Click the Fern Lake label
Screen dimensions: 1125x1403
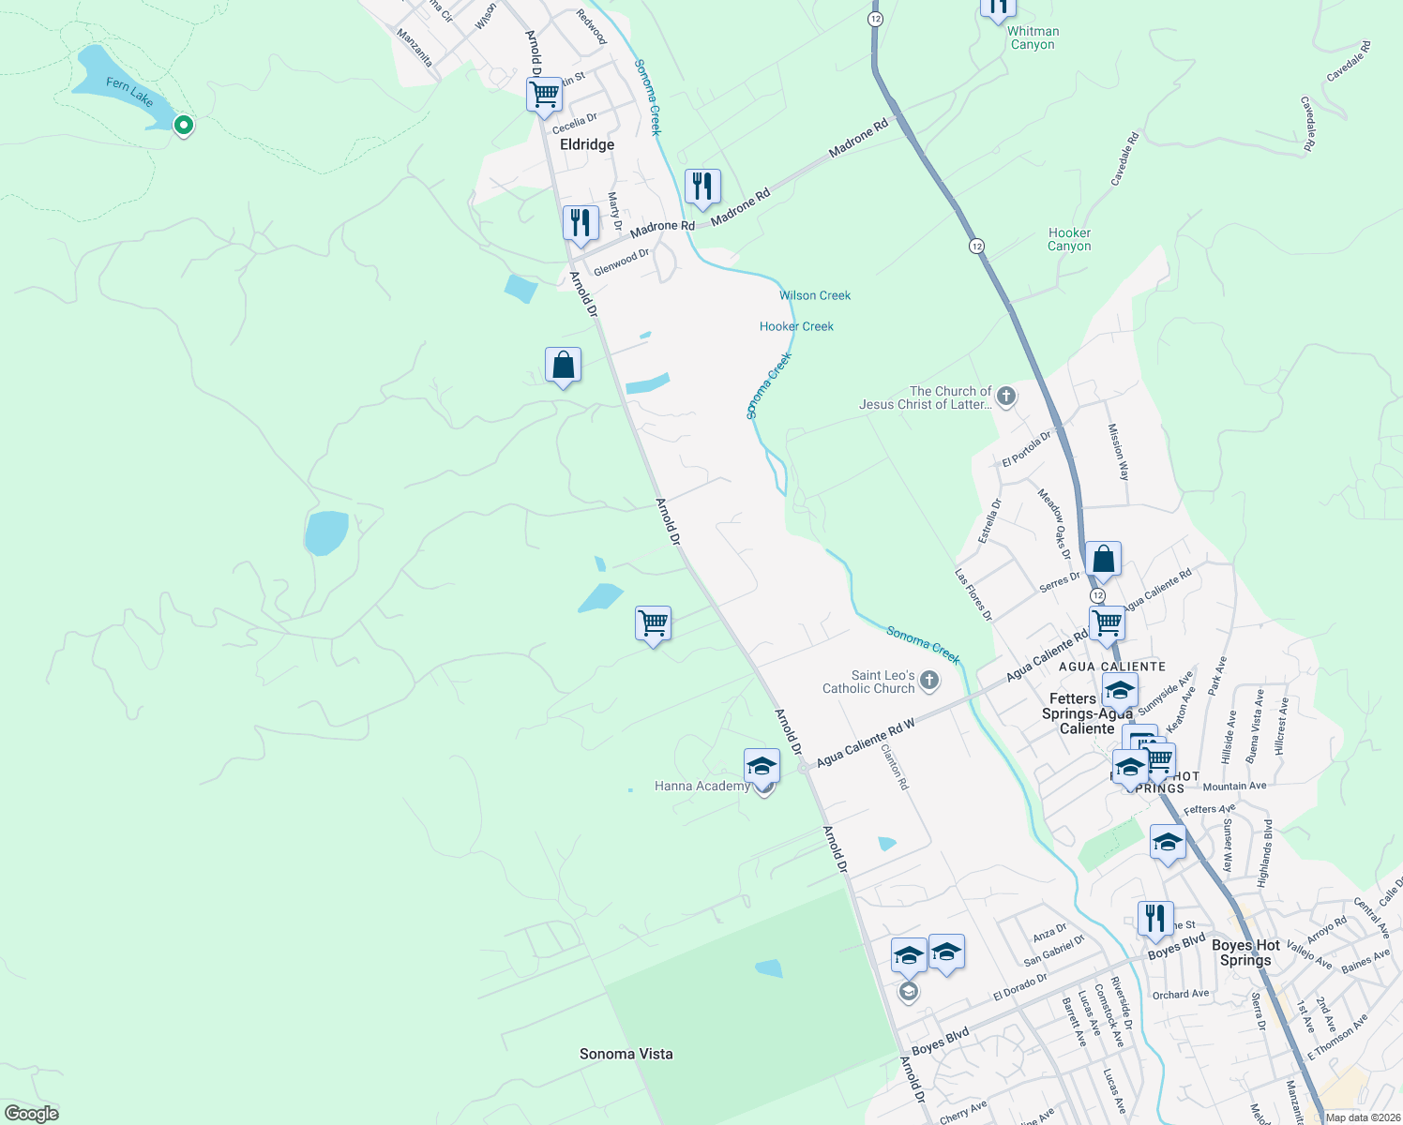point(129,91)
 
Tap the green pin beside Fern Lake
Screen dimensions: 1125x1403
point(184,124)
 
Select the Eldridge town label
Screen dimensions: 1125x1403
point(587,144)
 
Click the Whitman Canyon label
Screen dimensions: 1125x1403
point(1033,37)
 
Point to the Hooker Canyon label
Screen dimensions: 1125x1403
point(1069,239)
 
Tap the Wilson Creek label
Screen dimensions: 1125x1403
point(815,295)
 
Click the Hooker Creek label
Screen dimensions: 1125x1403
point(796,326)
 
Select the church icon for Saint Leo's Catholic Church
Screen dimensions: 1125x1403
point(929,681)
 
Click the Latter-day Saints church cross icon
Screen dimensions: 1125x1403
point(1006,397)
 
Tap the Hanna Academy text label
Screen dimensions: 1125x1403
point(701,787)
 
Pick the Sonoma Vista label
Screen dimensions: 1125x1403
point(626,1054)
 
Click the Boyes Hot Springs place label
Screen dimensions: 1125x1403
point(1245,952)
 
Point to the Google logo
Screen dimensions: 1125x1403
point(31,1114)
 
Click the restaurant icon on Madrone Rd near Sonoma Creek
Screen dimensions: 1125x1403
point(702,186)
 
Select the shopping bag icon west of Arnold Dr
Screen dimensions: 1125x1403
point(563,365)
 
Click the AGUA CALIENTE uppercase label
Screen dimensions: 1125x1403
point(1111,667)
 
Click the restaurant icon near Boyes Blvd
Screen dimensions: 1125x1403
point(1155,917)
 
